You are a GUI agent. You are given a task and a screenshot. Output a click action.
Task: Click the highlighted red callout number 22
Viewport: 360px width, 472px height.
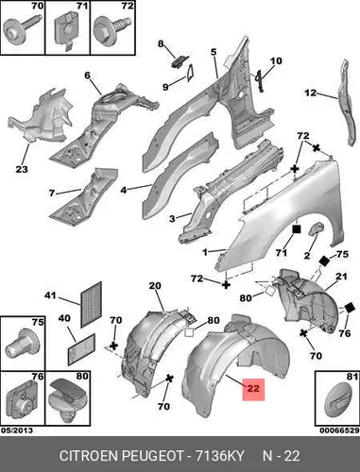point(253,388)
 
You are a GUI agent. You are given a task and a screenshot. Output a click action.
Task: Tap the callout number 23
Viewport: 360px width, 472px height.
point(22,169)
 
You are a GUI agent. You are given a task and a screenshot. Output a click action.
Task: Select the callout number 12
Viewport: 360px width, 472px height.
point(310,93)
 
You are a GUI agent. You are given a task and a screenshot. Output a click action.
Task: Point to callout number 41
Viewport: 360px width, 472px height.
point(50,295)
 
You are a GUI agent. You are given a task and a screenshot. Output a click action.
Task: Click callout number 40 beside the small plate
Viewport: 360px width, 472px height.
point(64,318)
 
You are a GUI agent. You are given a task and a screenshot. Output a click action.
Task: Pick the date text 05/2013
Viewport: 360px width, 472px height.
point(17,430)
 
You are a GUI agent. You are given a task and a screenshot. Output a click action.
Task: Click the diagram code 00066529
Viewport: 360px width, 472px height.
point(339,430)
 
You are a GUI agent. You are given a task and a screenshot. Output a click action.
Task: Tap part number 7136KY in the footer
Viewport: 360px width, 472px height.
point(220,456)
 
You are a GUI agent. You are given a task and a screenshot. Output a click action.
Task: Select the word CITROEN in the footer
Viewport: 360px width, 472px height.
point(89,456)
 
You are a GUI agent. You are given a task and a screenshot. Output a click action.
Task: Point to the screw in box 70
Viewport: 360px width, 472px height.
point(22,27)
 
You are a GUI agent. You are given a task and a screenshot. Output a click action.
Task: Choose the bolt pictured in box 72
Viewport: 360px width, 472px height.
point(111,28)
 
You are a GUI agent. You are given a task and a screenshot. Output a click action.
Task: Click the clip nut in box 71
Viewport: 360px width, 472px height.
point(67,31)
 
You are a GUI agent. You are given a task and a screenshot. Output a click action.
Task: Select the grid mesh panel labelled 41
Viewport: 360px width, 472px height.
point(92,305)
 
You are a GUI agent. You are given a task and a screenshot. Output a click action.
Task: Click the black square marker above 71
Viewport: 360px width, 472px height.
point(297,229)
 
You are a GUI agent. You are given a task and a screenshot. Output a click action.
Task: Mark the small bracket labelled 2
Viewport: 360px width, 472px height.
point(317,228)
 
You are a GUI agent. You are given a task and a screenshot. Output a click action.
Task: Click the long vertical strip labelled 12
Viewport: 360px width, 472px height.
point(347,102)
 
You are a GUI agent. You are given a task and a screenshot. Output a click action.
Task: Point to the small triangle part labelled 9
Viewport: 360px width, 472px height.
point(191,73)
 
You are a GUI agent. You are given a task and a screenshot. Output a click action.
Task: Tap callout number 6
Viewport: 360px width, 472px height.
point(87,76)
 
